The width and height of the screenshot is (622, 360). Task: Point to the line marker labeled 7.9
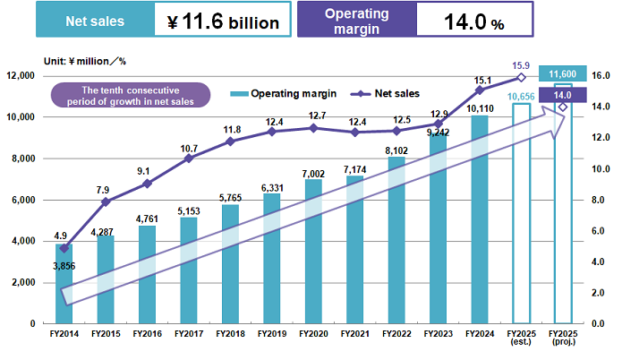[x=105, y=201]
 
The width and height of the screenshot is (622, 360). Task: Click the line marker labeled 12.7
[x=313, y=128]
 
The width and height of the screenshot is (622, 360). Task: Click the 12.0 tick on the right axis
[x=601, y=138]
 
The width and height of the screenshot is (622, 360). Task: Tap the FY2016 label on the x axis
[x=147, y=333]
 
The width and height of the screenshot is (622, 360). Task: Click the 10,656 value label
[x=522, y=97]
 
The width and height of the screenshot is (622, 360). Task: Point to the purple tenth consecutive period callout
[x=131, y=95]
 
